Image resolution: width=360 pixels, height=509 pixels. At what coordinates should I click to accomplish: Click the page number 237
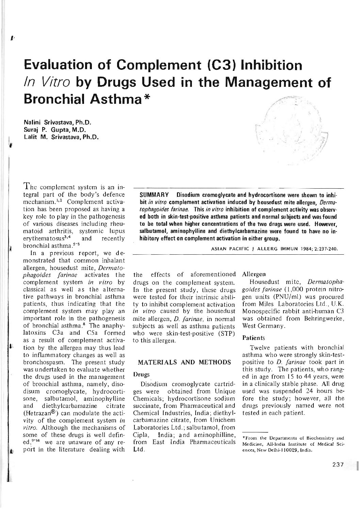point(338,464)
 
